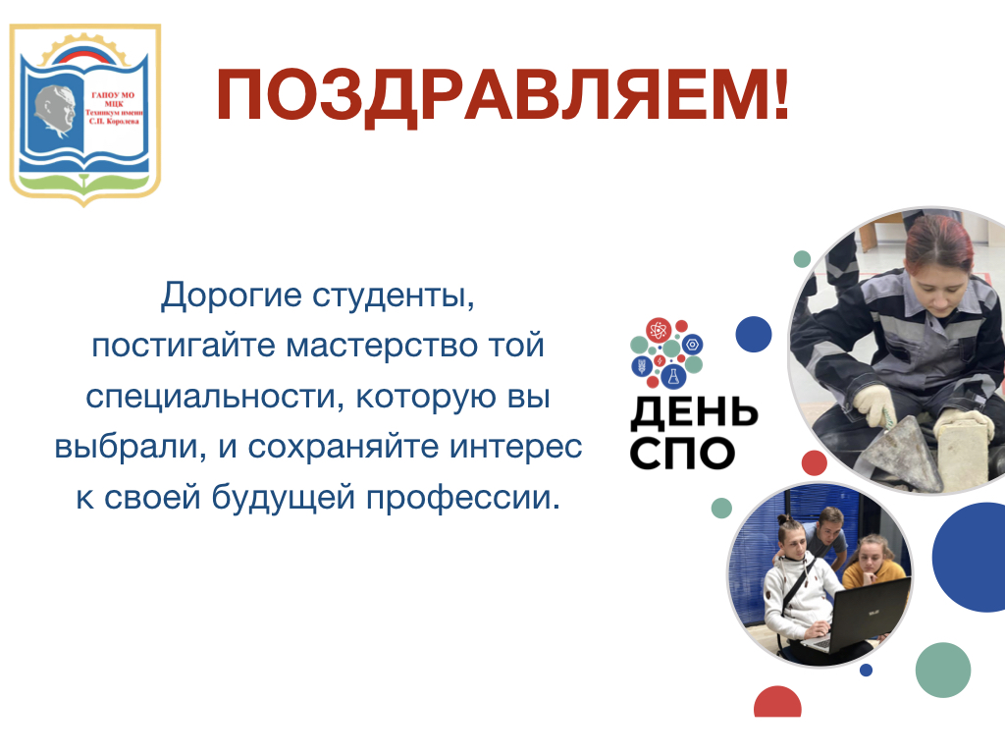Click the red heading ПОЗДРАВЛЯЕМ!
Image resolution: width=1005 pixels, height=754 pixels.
[x=503, y=96]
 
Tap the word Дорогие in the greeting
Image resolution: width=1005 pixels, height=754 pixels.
[x=231, y=296]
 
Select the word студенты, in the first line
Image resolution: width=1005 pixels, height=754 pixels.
[x=394, y=296]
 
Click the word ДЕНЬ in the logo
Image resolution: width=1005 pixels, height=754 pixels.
[x=694, y=413]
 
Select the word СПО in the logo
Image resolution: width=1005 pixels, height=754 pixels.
[x=682, y=453]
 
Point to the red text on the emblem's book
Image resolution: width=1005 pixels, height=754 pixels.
[x=114, y=108]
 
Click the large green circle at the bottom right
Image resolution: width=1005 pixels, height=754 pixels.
[x=943, y=670]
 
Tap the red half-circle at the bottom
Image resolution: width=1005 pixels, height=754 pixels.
[x=777, y=703]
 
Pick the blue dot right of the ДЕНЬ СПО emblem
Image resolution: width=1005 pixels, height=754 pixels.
[x=754, y=334]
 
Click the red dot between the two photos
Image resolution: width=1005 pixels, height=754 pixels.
[x=814, y=463]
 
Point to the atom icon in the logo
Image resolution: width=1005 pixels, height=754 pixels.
[x=659, y=330]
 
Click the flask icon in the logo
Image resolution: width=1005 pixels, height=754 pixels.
[x=673, y=376]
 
